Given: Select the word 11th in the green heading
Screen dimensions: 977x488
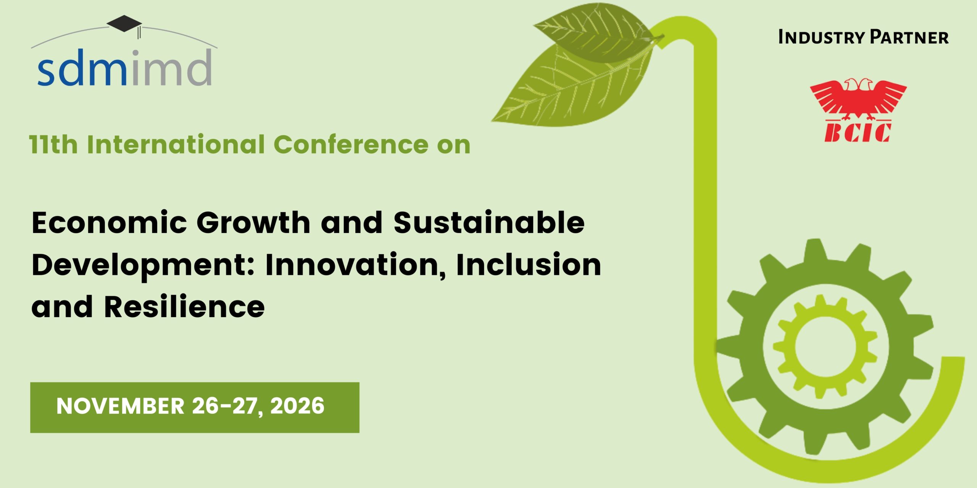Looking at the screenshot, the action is [x=53, y=145].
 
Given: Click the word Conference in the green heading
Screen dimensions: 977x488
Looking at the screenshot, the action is [x=351, y=145].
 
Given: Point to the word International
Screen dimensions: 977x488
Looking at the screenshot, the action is [x=176, y=145].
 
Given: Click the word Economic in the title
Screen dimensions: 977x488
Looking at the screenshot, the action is [x=110, y=223].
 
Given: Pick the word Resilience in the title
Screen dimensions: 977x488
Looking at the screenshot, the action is [x=184, y=307].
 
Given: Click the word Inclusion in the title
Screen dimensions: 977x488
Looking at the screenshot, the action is [x=529, y=265].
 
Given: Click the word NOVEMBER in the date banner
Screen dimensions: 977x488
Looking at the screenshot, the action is [x=121, y=406].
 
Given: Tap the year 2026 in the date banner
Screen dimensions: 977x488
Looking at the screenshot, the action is [x=297, y=406].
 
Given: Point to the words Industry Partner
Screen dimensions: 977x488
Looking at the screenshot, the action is [x=863, y=37].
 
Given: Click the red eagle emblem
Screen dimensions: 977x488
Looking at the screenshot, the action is [x=858, y=98].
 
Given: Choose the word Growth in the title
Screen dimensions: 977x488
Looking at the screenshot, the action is [x=254, y=223].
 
